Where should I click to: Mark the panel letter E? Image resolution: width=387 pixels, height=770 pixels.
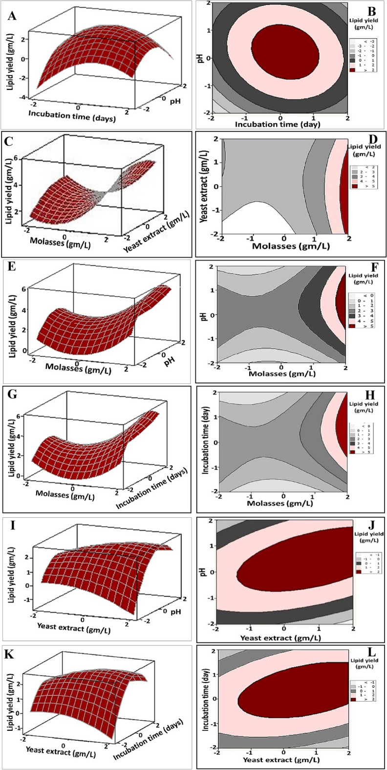[9, 268]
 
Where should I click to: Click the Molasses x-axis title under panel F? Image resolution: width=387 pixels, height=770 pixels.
[281, 374]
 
